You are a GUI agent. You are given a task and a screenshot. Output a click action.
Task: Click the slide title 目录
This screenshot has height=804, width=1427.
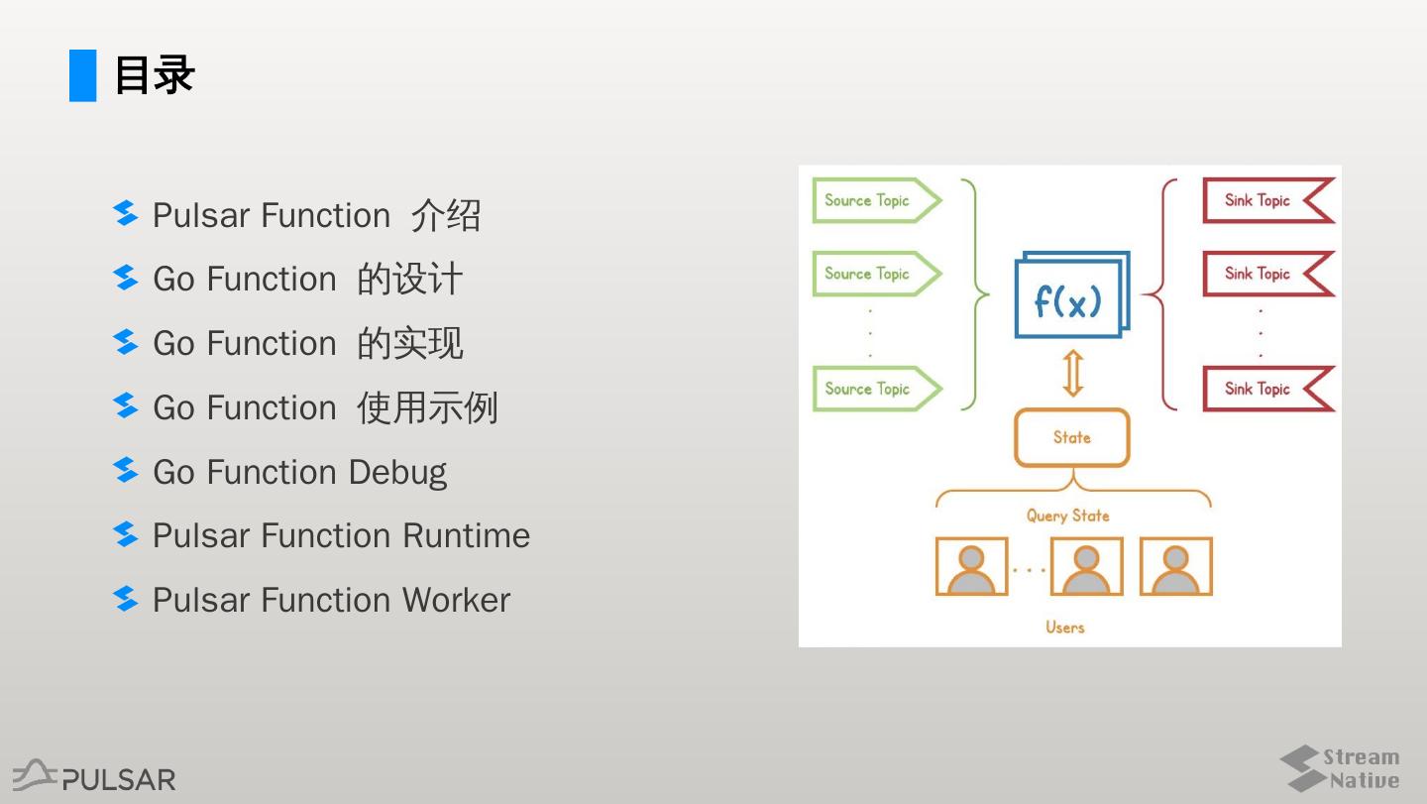coord(155,75)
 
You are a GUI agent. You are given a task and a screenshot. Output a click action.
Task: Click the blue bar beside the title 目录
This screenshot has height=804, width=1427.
coord(83,75)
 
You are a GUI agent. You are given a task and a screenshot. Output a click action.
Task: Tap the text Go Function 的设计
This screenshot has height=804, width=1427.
coord(307,280)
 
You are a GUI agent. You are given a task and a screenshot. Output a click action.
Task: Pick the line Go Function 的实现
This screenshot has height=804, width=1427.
coord(307,344)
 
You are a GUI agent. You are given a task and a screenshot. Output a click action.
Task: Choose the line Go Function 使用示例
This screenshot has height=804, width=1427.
coord(325,407)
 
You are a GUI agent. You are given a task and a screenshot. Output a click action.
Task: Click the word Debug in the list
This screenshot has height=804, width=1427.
coord(397,472)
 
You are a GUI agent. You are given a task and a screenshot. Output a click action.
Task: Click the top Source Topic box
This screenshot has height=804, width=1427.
coord(872,200)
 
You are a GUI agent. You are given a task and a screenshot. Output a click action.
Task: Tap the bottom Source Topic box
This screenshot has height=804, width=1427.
coord(872,389)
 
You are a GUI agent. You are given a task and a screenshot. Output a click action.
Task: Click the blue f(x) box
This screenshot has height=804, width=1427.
coord(1069,297)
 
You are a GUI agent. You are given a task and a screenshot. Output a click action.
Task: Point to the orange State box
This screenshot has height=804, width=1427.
coord(1071,437)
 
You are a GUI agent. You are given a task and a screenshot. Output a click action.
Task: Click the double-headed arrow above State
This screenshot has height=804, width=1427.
coord(1071,374)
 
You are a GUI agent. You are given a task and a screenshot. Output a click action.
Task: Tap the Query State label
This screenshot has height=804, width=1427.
coord(1067,516)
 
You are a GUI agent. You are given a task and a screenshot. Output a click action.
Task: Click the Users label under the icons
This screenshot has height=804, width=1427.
coord(1065,627)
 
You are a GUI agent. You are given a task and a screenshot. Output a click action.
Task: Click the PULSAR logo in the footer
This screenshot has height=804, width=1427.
coord(95,776)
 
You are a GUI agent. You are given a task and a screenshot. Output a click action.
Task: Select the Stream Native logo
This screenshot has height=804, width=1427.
coord(1340,769)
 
